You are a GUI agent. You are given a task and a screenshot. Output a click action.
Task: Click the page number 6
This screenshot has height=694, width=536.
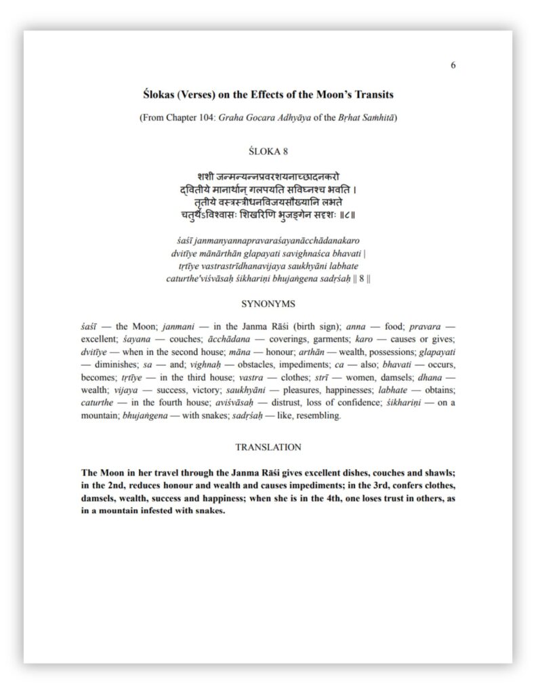453,65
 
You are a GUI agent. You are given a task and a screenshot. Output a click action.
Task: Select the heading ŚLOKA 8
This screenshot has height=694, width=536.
267,151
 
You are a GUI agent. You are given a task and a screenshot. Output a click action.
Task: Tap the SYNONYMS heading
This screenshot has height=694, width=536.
268,304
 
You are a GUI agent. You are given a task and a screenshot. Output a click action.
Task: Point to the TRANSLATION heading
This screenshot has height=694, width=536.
268,447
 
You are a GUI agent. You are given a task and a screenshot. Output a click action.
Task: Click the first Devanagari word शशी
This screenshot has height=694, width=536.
207,177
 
